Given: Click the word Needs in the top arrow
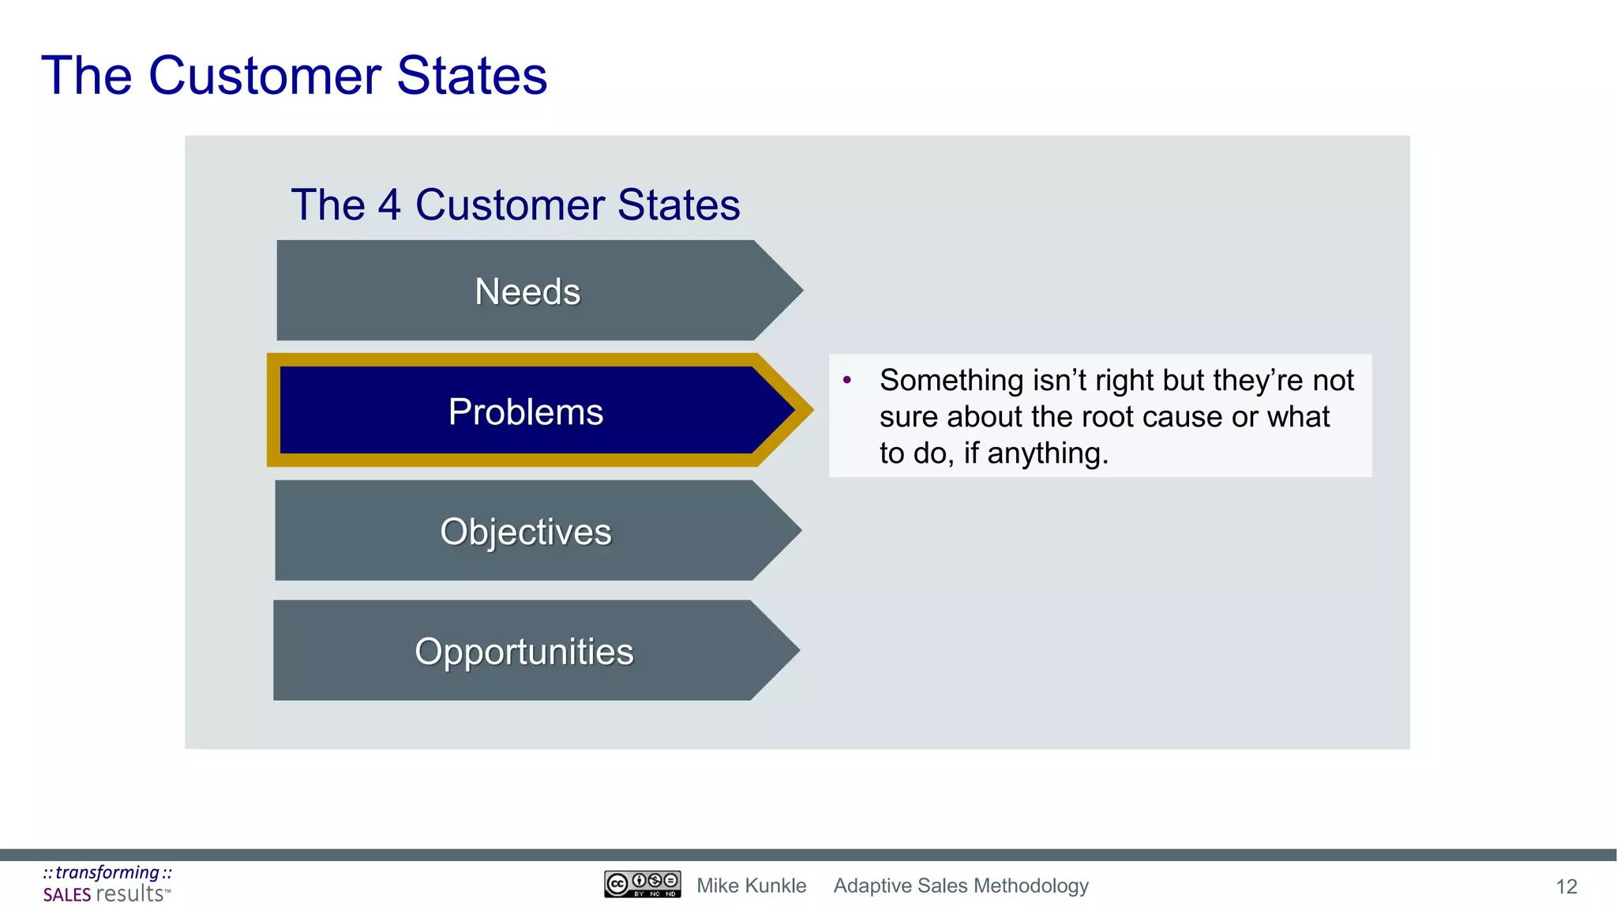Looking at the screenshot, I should click(x=527, y=291).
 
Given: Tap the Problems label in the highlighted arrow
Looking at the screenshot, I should click(x=526, y=412).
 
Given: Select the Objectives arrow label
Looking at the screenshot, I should click(x=526, y=532).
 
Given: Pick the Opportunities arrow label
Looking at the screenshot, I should click(x=524, y=652).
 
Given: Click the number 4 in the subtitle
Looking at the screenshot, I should click(x=389, y=205).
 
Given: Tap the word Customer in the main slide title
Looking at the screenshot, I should click(x=264, y=76).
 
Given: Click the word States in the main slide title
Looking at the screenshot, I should click(x=471, y=76).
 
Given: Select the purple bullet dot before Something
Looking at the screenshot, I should click(x=847, y=380).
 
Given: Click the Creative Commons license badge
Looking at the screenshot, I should click(x=642, y=884).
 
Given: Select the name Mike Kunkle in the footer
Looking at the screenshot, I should click(x=751, y=886).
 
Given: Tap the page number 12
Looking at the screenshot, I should click(x=1566, y=886).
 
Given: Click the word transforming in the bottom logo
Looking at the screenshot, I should click(x=107, y=872).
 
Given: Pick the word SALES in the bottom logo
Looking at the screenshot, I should click(x=67, y=895).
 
